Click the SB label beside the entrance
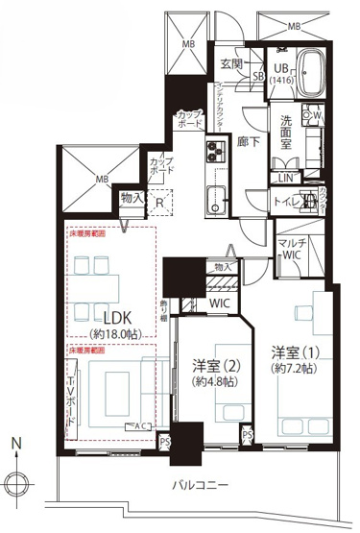coord(258,77)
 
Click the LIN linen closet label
coord(286,178)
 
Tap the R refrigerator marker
coord(158,203)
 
